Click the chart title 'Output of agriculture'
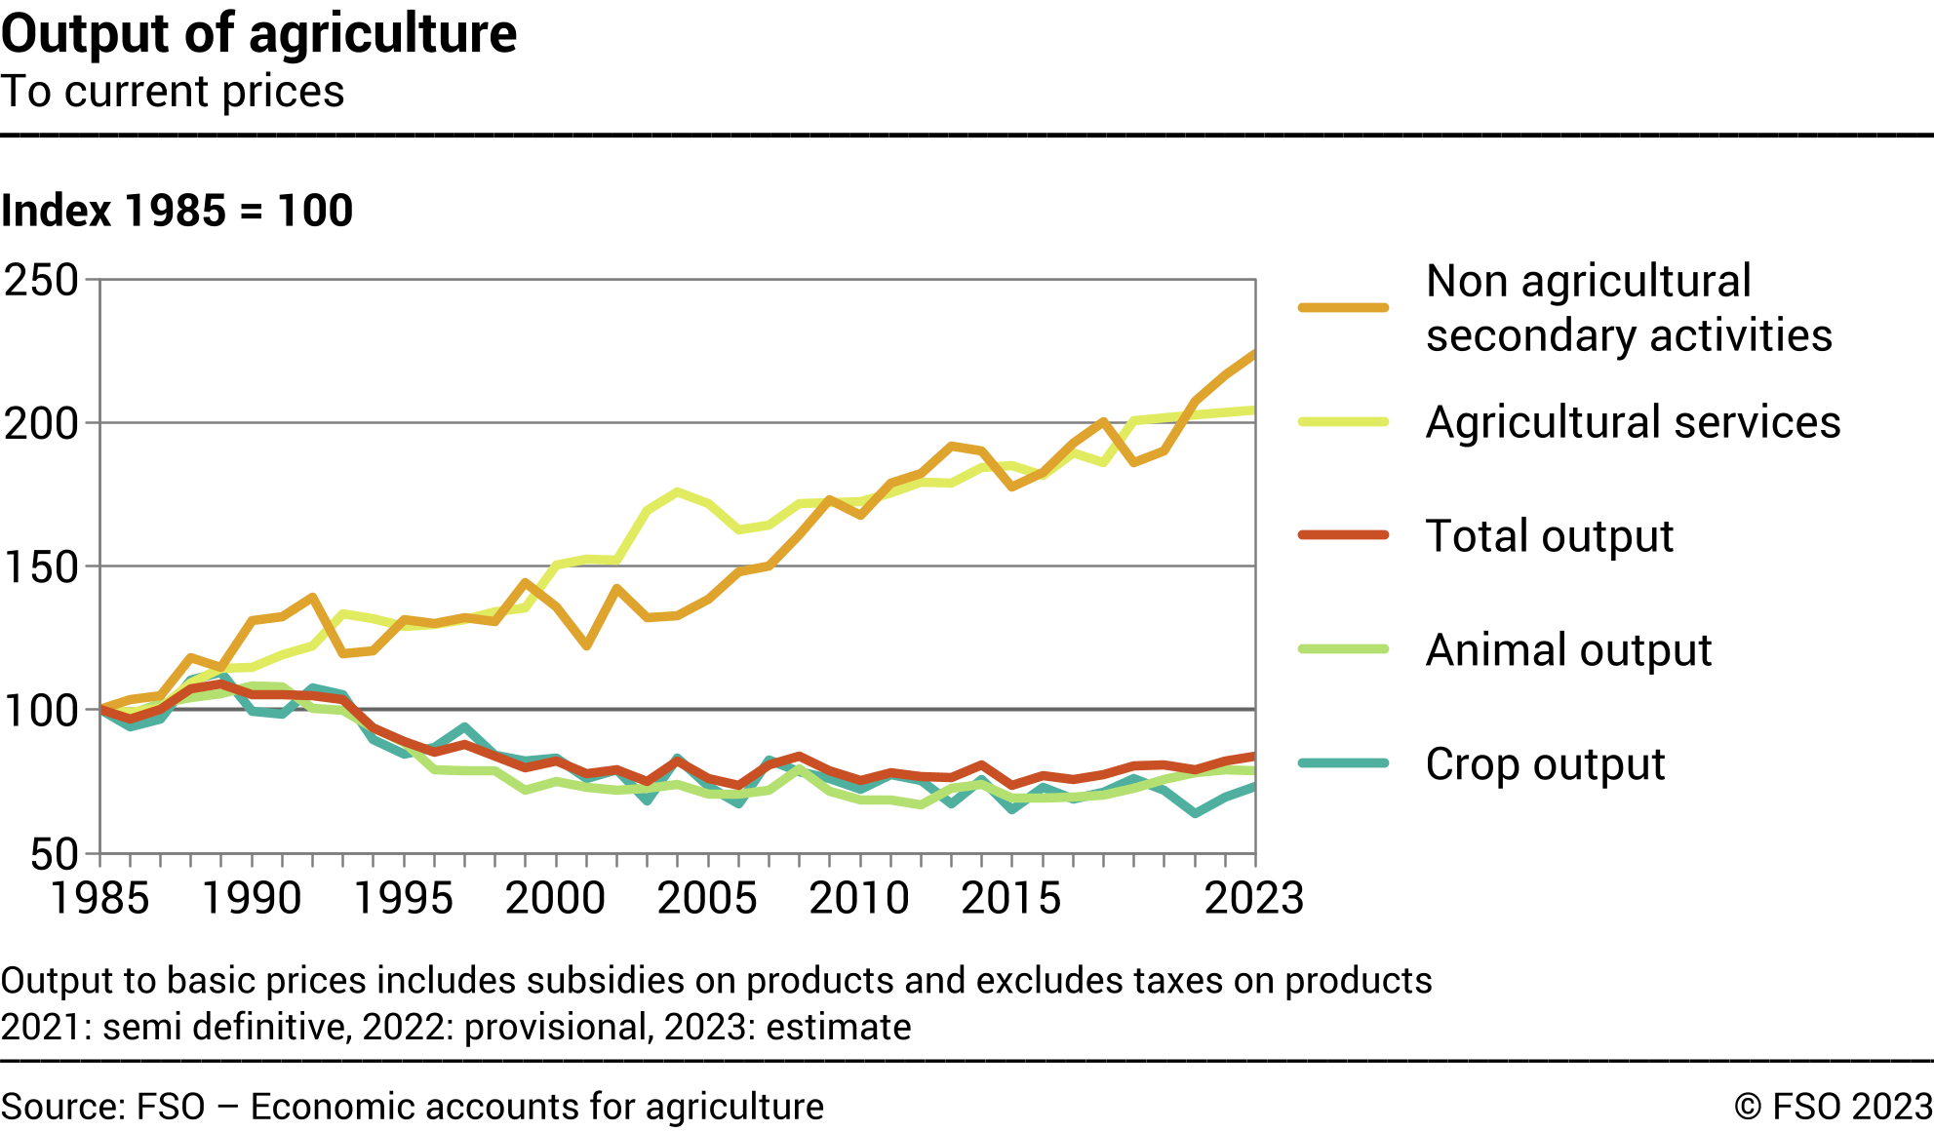[258, 33]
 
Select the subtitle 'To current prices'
[173, 92]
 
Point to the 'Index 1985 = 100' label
[177, 211]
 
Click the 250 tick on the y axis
[42, 281]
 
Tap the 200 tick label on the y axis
[42, 424]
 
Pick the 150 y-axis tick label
[42, 567]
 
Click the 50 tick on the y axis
[55, 854]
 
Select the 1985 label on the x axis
[99, 897]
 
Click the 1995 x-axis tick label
[403, 897]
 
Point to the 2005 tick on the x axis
[707, 897]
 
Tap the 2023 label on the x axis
[1253, 897]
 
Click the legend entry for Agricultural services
[1633, 422]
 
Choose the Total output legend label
[1549, 536]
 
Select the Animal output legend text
[1568, 650]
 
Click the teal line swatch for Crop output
[1343, 763]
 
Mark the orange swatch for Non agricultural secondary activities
[1343, 308]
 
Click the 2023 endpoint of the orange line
[1254, 355]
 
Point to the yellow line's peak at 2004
[678, 491]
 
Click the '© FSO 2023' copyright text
[1833, 1107]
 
